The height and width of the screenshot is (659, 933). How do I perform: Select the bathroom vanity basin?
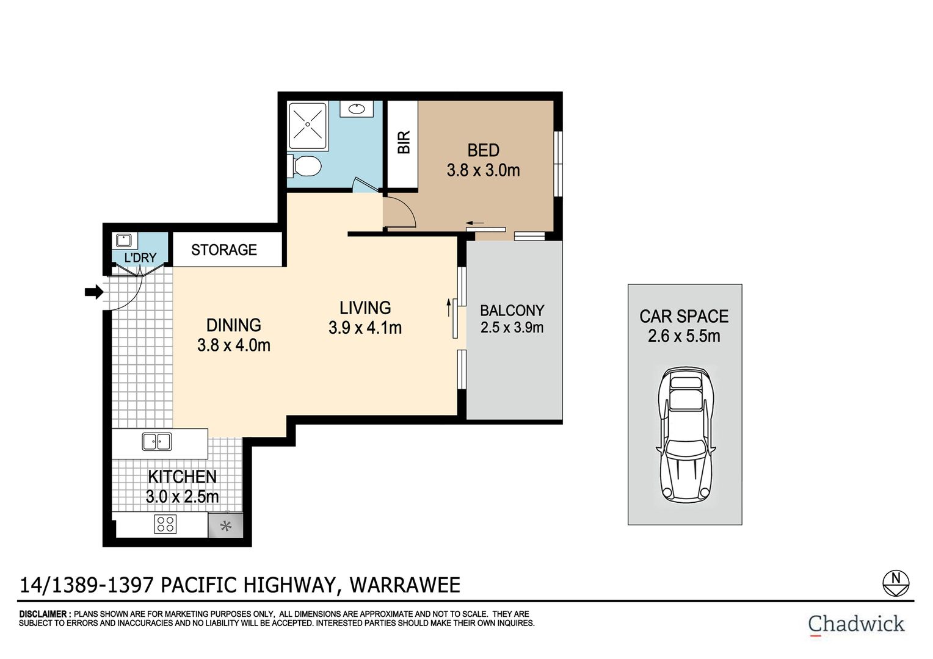point(357,109)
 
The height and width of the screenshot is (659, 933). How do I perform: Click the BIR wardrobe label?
point(403,142)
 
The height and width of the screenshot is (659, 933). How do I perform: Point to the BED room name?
point(483,150)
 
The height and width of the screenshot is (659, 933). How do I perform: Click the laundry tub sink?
point(124,240)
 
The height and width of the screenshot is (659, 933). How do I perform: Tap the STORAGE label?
point(224,250)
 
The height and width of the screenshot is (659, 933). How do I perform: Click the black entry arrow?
point(94,292)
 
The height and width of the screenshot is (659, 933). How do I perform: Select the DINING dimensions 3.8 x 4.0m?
point(234,345)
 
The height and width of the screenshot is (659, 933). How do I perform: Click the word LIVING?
point(365,308)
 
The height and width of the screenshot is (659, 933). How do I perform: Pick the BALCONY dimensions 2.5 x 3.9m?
point(512,328)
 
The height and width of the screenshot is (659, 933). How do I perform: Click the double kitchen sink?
point(156,441)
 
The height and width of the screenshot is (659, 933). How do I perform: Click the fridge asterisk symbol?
point(226,526)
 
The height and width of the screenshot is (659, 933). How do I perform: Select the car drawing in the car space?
point(685,434)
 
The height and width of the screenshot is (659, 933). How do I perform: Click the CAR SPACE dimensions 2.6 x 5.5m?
point(684,336)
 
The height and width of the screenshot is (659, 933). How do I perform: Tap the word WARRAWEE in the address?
point(405,585)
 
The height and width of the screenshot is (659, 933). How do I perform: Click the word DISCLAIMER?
point(43,614)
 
